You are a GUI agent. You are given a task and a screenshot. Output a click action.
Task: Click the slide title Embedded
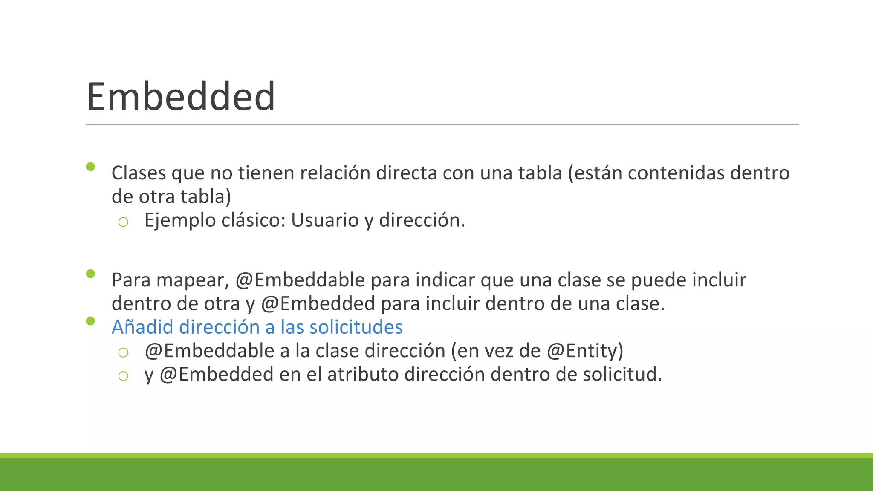click(181, 97)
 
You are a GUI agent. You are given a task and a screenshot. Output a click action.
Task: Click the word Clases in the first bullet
click(139, 173)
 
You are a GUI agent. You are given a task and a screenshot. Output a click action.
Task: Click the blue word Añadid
click(142, 327)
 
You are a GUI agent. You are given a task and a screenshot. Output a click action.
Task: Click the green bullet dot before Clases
click(90, 167)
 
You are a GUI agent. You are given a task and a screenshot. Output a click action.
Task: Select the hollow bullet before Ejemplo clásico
click(123, 222)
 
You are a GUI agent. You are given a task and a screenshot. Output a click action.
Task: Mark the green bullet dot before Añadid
click(90, 321)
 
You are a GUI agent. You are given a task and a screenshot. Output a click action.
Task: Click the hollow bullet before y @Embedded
click(123, 376)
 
